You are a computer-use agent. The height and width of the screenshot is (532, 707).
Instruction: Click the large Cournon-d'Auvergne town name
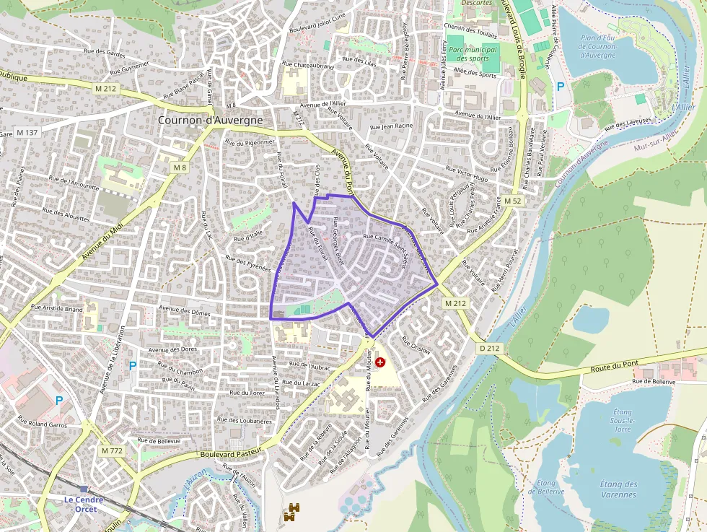point(210,121)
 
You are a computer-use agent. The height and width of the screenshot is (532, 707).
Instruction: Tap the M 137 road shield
point(27,133)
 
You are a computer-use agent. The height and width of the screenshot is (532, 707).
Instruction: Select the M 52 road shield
point(512,201)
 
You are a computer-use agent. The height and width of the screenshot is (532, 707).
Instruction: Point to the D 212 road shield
point(489,348)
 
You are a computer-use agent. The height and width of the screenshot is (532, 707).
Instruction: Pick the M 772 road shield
point(112,450)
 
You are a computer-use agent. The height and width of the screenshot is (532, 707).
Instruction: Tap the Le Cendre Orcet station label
point(84,504)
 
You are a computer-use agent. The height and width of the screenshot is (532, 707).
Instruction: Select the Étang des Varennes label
point(618,489)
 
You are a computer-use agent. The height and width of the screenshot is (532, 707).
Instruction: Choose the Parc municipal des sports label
point(473,53)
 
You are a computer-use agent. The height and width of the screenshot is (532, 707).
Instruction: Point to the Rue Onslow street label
point(416,346)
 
